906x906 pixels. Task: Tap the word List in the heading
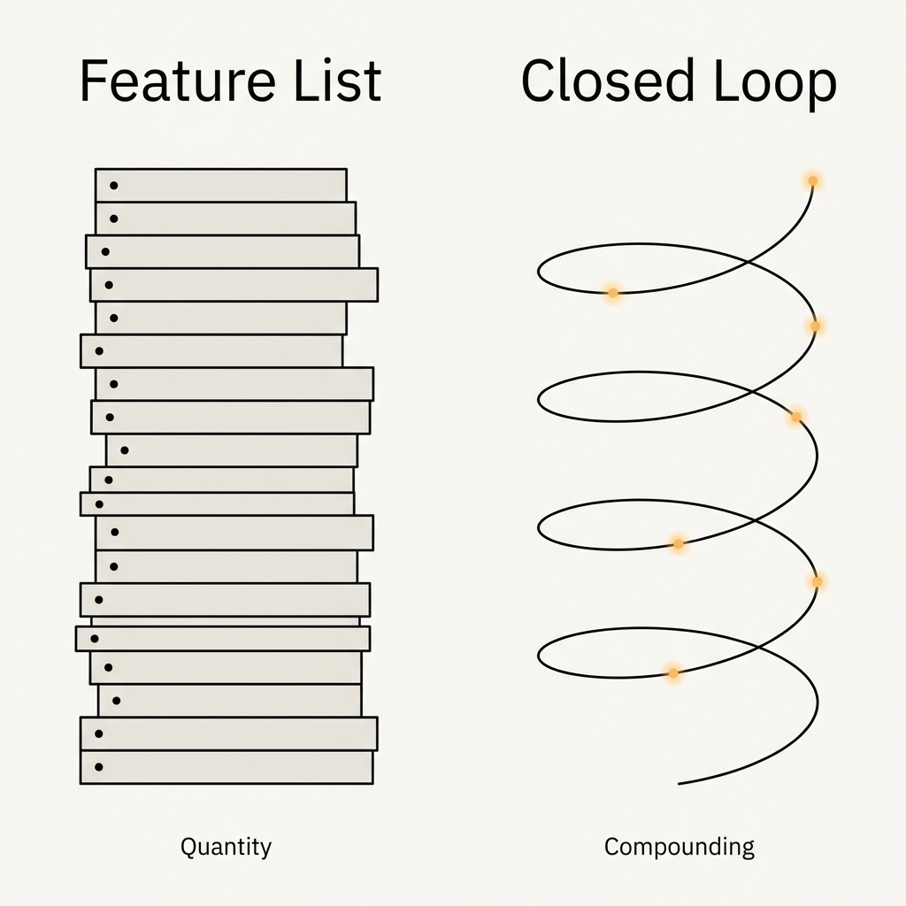pos(336,81)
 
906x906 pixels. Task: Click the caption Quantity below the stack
pos(226,847)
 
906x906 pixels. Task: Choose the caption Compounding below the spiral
pos(679,847)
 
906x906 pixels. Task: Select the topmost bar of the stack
pos(220,185)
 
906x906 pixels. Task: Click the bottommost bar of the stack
pos(226,767)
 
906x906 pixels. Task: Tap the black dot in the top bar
pos(113,186)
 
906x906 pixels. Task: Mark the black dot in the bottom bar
pos(98,766)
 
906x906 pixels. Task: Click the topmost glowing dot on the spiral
pos(811,181)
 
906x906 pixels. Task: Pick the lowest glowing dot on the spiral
pos(672,673)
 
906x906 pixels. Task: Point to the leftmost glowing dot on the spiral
pos(612,292)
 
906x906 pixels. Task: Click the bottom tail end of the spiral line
pos(679,783)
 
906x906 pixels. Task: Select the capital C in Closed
pos(540,81)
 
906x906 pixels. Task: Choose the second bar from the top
pos(225,218)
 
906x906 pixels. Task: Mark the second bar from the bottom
pos(228,733)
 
